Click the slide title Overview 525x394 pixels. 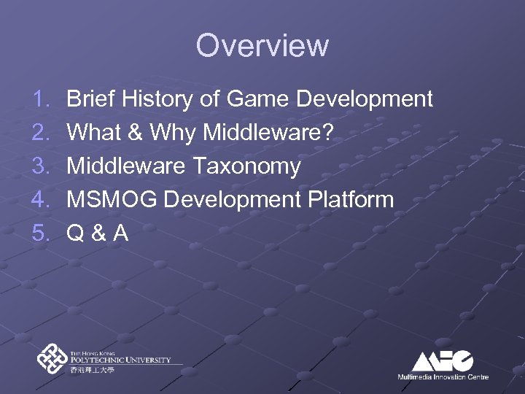pyautogui.click(x=262, y=45)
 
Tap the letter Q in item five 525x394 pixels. pyautogui.click(x=75, y=233)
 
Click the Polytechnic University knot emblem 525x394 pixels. pyautogui.click(x=53, y=358)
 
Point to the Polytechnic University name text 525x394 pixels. pyautogui.click(x=121, y=358)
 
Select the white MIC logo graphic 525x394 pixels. pyautogui.click(x=443, y=360)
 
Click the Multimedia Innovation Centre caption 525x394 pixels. pyautogui.click(x=443, y=377)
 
